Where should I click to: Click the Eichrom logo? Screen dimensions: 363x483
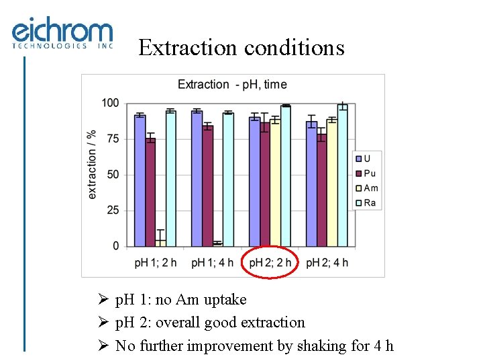click(62, 34)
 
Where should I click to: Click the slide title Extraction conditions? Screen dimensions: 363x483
click(241, 48)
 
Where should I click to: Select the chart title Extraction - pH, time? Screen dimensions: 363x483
click(231, 85)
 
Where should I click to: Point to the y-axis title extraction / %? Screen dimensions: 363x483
click(92, 165)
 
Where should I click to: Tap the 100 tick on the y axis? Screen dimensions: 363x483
click(111, 103)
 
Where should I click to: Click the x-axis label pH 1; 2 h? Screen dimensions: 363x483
click(156, 262)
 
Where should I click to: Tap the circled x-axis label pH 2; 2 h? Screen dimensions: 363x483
click(270, 262)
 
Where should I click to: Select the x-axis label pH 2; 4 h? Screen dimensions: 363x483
click(327, 262)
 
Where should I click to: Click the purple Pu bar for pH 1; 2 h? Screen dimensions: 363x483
click(150, 192)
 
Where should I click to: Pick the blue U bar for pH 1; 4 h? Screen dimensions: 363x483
click(197, 178)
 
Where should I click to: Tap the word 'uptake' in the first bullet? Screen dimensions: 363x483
click(226, 300)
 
